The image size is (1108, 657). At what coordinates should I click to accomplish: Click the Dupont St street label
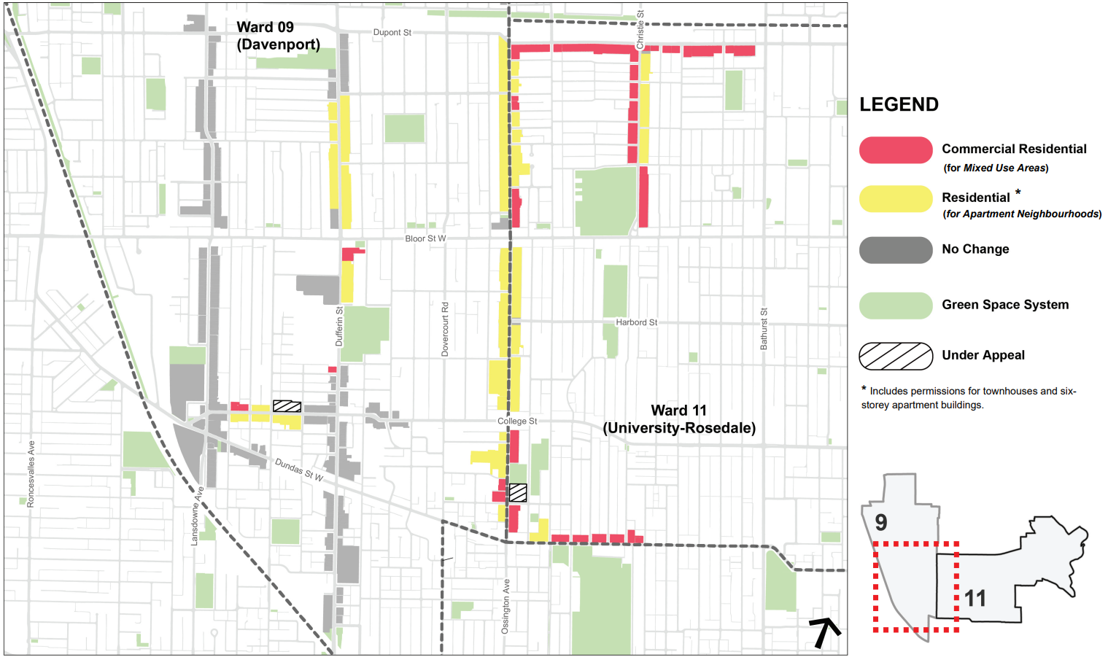point(392,33)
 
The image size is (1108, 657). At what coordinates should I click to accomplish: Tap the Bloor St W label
point(425,238)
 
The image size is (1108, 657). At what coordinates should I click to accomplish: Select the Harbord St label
point(636,322)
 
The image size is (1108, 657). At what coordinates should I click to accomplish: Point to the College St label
point(517,421)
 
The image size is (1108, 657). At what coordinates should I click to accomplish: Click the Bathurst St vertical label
point(764,329)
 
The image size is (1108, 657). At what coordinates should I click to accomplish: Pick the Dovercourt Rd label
point(445,329)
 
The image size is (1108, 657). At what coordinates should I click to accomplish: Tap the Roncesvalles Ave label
point(31,474)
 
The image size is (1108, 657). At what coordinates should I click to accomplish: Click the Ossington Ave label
point(506,606)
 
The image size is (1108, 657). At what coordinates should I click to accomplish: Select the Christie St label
point(640,30)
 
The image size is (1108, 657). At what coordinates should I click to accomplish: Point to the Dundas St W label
point(299,470)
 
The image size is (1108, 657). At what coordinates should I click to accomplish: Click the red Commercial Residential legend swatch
point(896,150)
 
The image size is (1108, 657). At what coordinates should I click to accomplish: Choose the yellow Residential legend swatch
point(896,199)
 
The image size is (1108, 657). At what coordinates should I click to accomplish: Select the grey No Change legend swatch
point(896,250)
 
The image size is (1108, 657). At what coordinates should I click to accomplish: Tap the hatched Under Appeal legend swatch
point(896,356)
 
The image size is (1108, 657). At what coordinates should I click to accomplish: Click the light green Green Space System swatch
point(896,306)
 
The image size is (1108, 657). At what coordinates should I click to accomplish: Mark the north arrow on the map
point(824,631)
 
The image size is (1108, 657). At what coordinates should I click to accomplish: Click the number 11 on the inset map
point(975,599)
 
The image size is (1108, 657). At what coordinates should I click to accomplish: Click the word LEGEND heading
point(899,105)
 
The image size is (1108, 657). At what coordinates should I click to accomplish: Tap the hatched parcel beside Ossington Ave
point(518,493)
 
